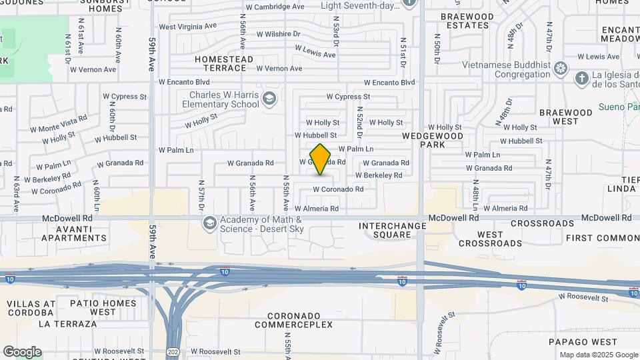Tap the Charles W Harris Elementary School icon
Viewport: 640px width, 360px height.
coord(269,100)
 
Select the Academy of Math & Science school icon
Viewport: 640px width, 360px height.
coord(210,223)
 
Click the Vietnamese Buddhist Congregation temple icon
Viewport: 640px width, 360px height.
coord(561,68)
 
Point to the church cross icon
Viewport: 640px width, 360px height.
coord(581,79)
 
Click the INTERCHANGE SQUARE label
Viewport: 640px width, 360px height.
coord(392,230)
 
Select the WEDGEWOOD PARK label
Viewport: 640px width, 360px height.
coord(433,139)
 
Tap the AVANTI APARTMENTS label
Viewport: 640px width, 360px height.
coord(74,233)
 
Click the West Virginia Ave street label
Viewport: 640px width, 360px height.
coord(188,27)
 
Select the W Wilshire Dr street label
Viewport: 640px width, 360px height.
coord(277,33)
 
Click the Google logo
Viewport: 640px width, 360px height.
coord(22,352)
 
